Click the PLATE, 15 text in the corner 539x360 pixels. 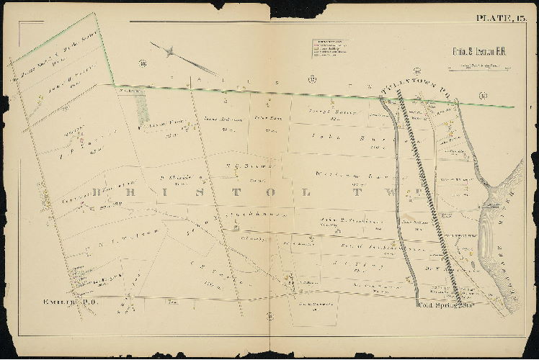(x=502, y=19)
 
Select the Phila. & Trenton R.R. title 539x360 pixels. (x=473, y=52)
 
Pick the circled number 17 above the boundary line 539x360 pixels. (x=312, y=78)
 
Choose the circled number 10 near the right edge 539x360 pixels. (x=482, y=95)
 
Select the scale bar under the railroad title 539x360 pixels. (x=473, y=69)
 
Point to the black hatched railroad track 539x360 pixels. (x=431, y=202)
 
